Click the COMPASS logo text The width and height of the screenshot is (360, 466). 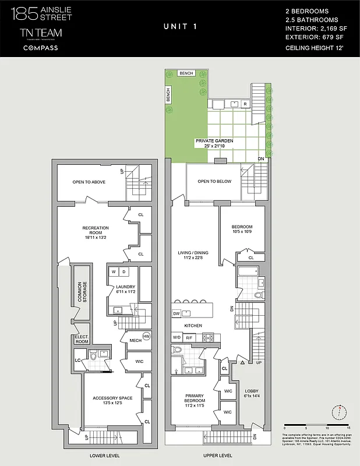(x=40, y=48)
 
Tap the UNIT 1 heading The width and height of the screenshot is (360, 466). (x=179, y=27)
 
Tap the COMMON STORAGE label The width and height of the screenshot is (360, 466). (x=82, y=292)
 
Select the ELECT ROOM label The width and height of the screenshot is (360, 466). (x=82, y=339)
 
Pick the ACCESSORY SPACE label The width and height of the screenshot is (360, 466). (x=112, y=401)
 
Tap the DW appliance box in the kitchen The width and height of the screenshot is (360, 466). (x=177, y=313)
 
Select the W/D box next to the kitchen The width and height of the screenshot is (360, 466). (x=177, y=337)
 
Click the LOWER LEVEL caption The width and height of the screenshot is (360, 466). (x=104, y=455)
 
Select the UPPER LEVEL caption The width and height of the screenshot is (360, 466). (x=217, y=455)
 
